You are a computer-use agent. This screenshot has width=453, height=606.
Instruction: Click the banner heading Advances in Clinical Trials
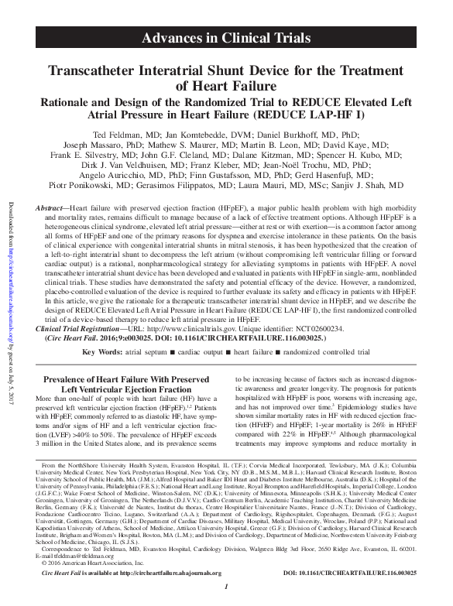pos(227,38)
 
